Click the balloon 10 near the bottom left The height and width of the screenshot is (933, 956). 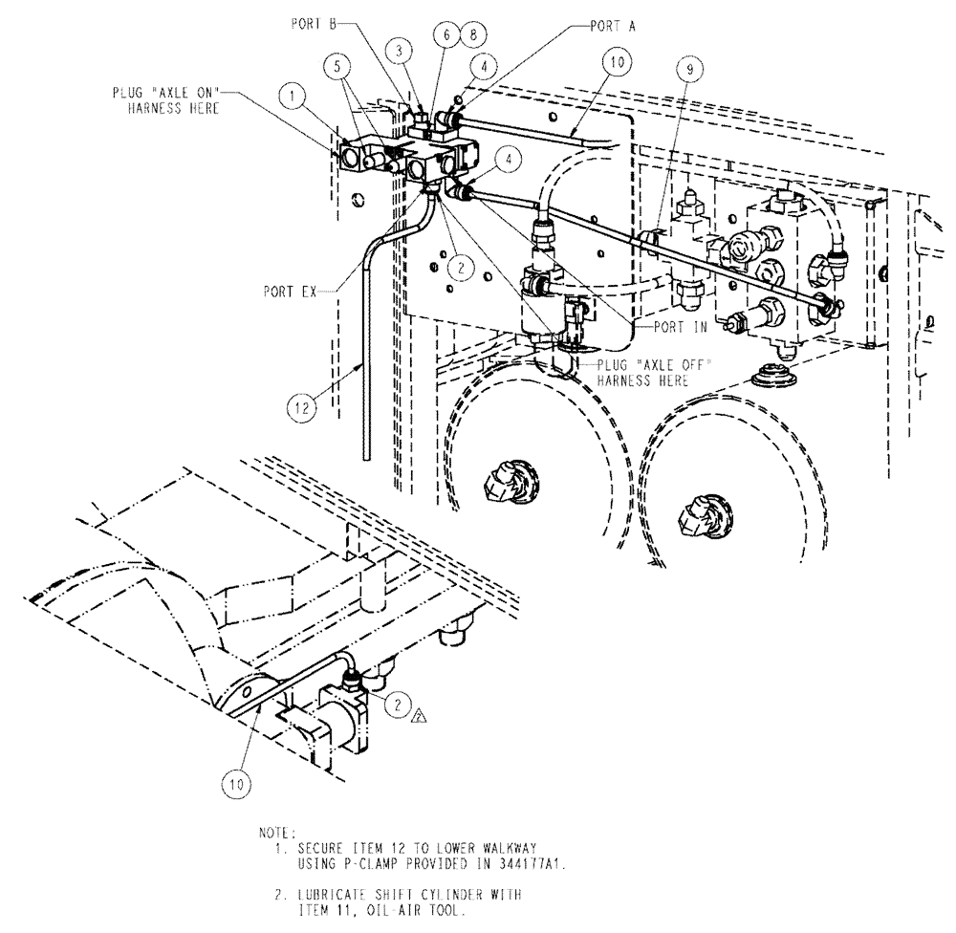(237, 783)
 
